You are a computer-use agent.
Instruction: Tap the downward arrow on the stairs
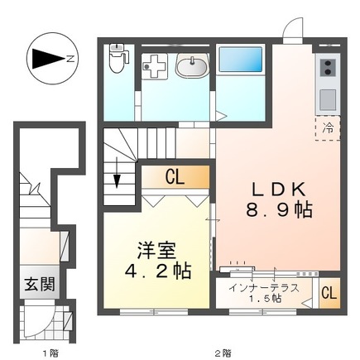pyautogui.click(x=117, y=177)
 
